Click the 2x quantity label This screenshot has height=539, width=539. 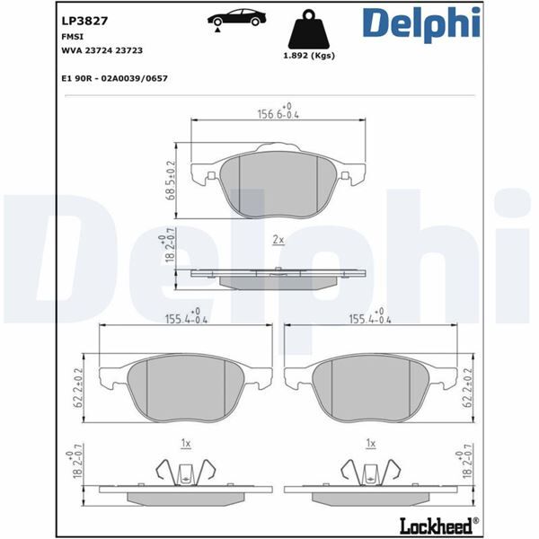[x=278, y=240]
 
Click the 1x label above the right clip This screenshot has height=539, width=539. [x=370, y=443]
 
